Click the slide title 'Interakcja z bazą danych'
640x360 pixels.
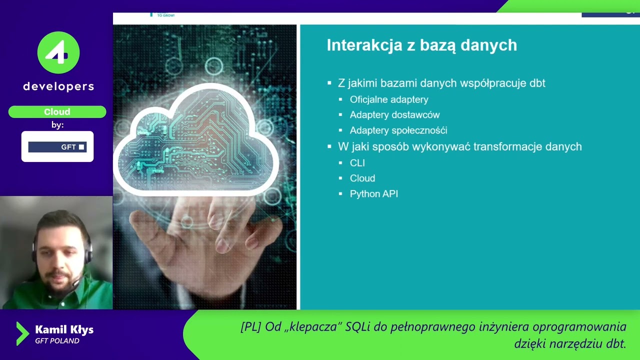click(x=421, y=45)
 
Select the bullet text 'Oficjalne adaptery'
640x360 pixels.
click(x=389, y=99)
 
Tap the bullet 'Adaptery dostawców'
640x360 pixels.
click(x=394, y=115)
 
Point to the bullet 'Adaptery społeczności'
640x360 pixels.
click(x=398, y=130)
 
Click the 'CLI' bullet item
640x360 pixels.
click(x=357, y=163)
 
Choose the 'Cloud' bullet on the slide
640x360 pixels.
click(x=362, y=178)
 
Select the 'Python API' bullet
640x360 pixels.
click(x=374, y=194)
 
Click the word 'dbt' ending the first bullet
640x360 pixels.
click(x=537, y=83)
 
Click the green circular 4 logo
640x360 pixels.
click(x=58, y=52)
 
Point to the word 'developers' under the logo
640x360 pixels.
click(x=58, y=86)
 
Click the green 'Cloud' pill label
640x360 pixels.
click(x=57, y=112)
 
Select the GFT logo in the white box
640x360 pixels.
click(x=57, y=147)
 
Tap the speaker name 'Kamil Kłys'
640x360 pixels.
click(x=64, y=329)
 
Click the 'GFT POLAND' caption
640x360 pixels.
click(x=57, y=341)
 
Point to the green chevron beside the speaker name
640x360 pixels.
click(x=22, y=333)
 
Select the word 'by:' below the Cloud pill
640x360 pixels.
click(x=57, y=125)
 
